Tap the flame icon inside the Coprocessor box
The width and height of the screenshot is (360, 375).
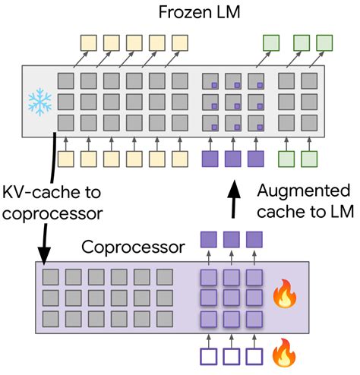284,295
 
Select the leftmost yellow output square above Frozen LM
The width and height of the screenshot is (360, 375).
89,41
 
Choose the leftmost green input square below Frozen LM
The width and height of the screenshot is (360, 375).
286,159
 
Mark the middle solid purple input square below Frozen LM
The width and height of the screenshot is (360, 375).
233,159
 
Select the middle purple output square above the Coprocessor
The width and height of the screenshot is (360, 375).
231,238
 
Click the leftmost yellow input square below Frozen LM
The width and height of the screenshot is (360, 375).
66,159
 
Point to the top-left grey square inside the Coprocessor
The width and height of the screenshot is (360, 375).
51,276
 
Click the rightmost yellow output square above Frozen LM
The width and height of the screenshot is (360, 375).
180,41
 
